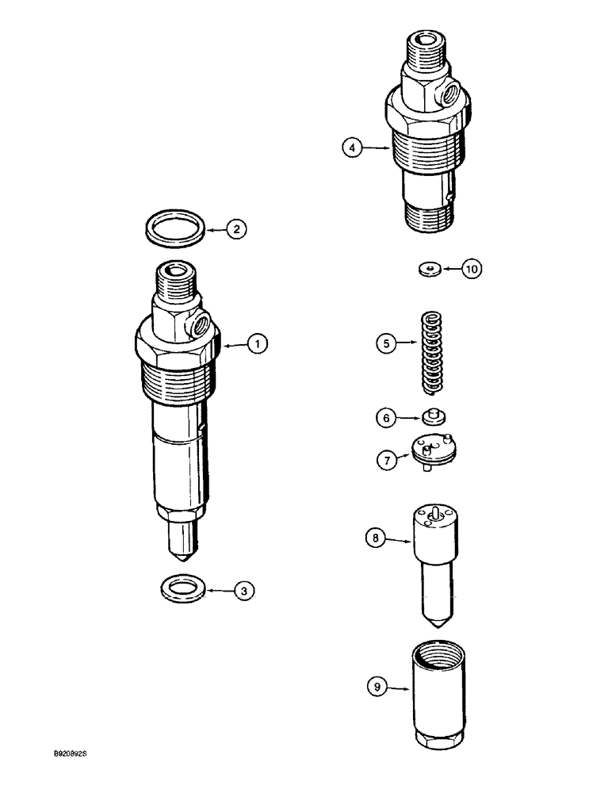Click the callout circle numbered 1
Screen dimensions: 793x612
256,344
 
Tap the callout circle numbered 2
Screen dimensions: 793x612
235,230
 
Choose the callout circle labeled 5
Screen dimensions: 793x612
386,344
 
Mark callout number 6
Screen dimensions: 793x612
386,416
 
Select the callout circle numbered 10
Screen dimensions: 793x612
471,270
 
